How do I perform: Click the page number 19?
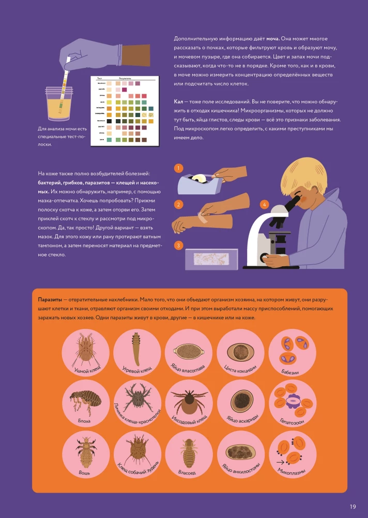pyautogui.click(x=352, y=506)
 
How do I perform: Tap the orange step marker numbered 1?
pyautogui.click(x=178, y=168)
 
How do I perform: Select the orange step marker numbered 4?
pyautogui.click(x=264, y=205)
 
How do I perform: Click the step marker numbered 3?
pyautogui.click(x=178, y=245)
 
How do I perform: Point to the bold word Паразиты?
pyautogui.click(x=50, y=300)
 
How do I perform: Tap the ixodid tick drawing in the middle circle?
pyautogui.click(x=189, y=402)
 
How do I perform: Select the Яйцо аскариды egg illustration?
pyautogui.click(x=241, y=400)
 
